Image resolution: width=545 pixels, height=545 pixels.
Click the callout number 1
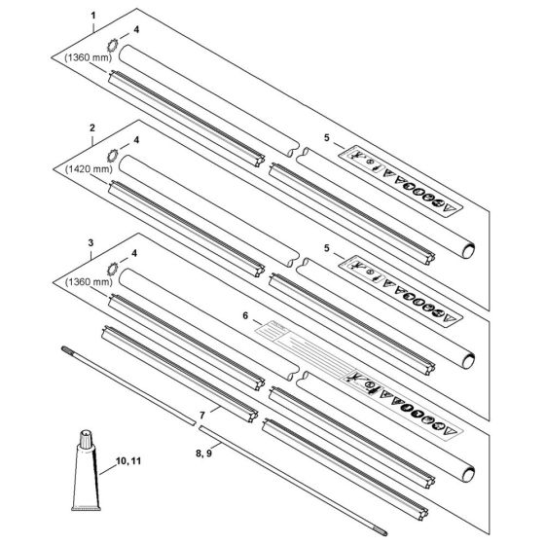[x=91, y=17]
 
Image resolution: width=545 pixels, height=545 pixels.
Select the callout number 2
[x=91, y=128]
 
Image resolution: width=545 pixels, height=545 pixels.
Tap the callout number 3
[x=91, y=239]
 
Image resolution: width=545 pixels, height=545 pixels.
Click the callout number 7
[x=202, y=415]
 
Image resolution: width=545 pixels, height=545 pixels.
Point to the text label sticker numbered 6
[x=292, y=341]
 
